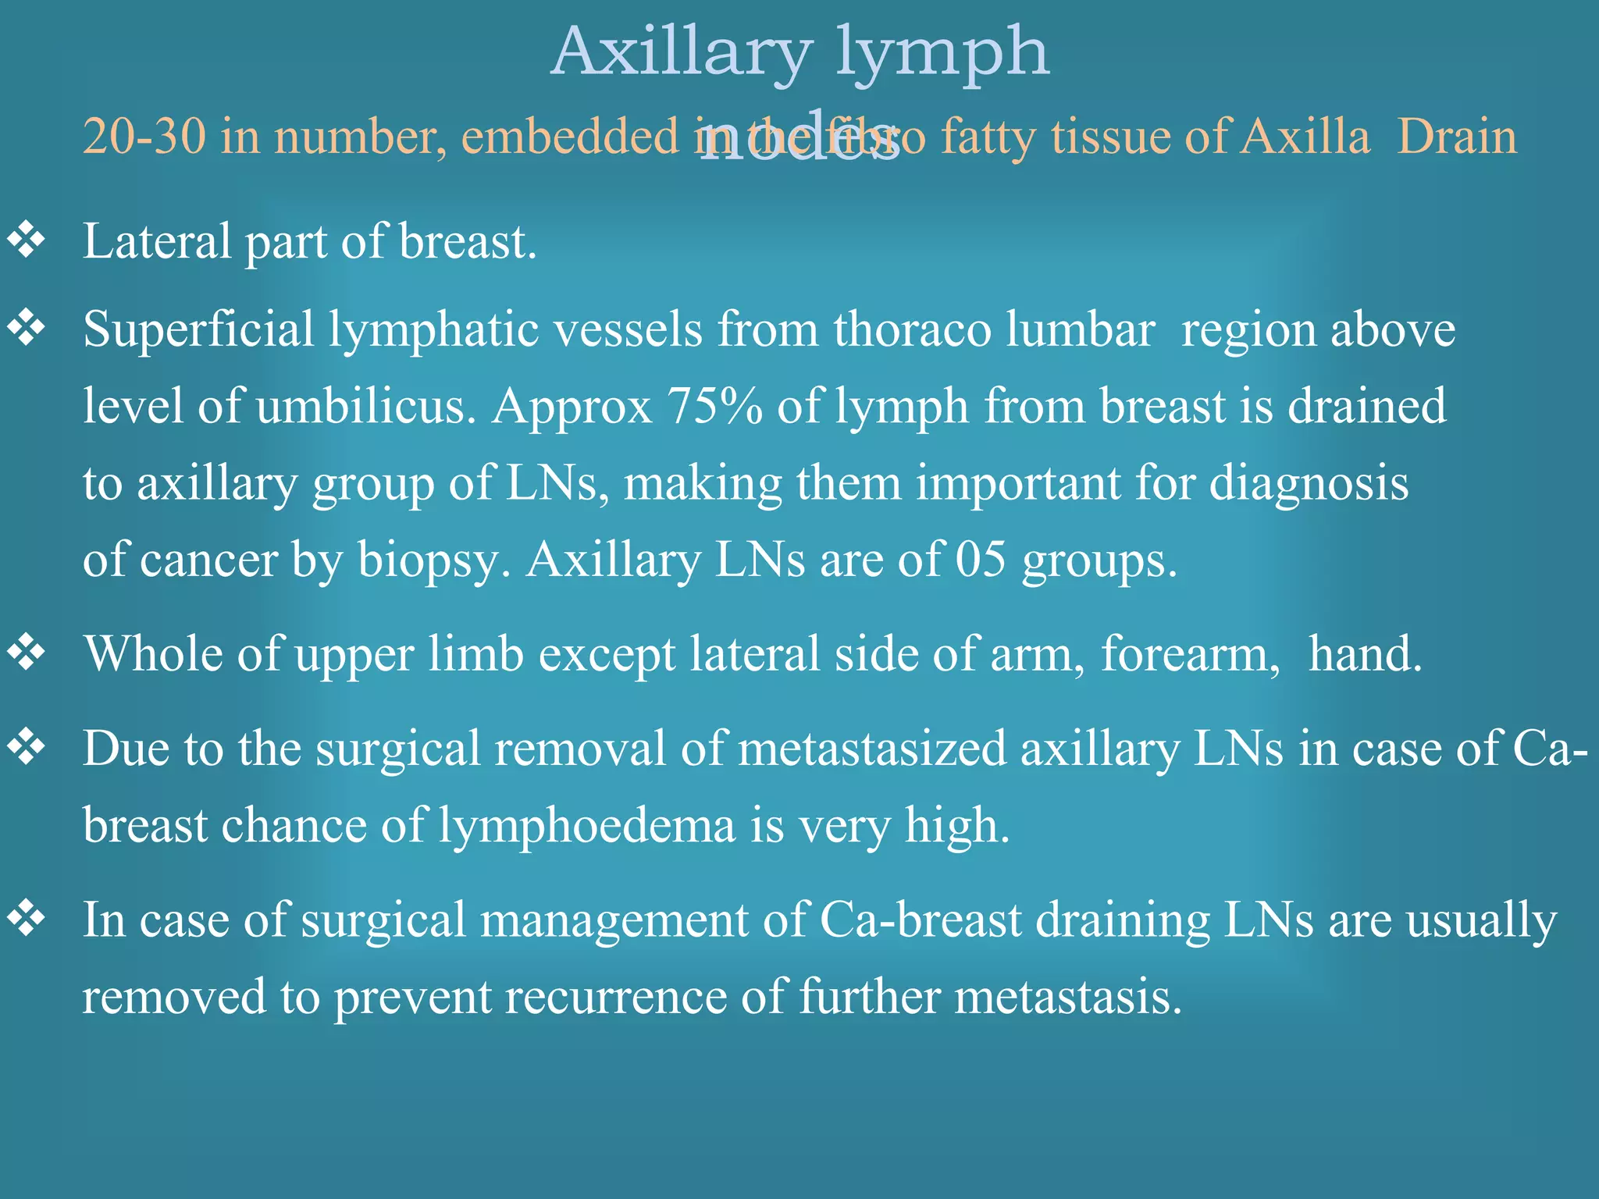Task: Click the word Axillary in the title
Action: pos(681,53)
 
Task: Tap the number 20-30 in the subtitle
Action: pos(144,137)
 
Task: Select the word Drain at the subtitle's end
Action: pos(1456,137)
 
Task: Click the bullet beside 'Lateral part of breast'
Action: pos(27,240)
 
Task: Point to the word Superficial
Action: pos(198,329)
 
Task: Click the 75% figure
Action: pos(714,407)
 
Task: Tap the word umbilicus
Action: pos(365,407)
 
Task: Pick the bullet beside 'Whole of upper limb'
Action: pos(27,653)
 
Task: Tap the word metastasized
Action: pos(872,749)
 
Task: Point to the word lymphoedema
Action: pos(586,826)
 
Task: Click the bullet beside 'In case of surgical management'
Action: pos(27,919)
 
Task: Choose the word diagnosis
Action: pos(1309,484)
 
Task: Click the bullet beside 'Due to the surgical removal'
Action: pos(27,748)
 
